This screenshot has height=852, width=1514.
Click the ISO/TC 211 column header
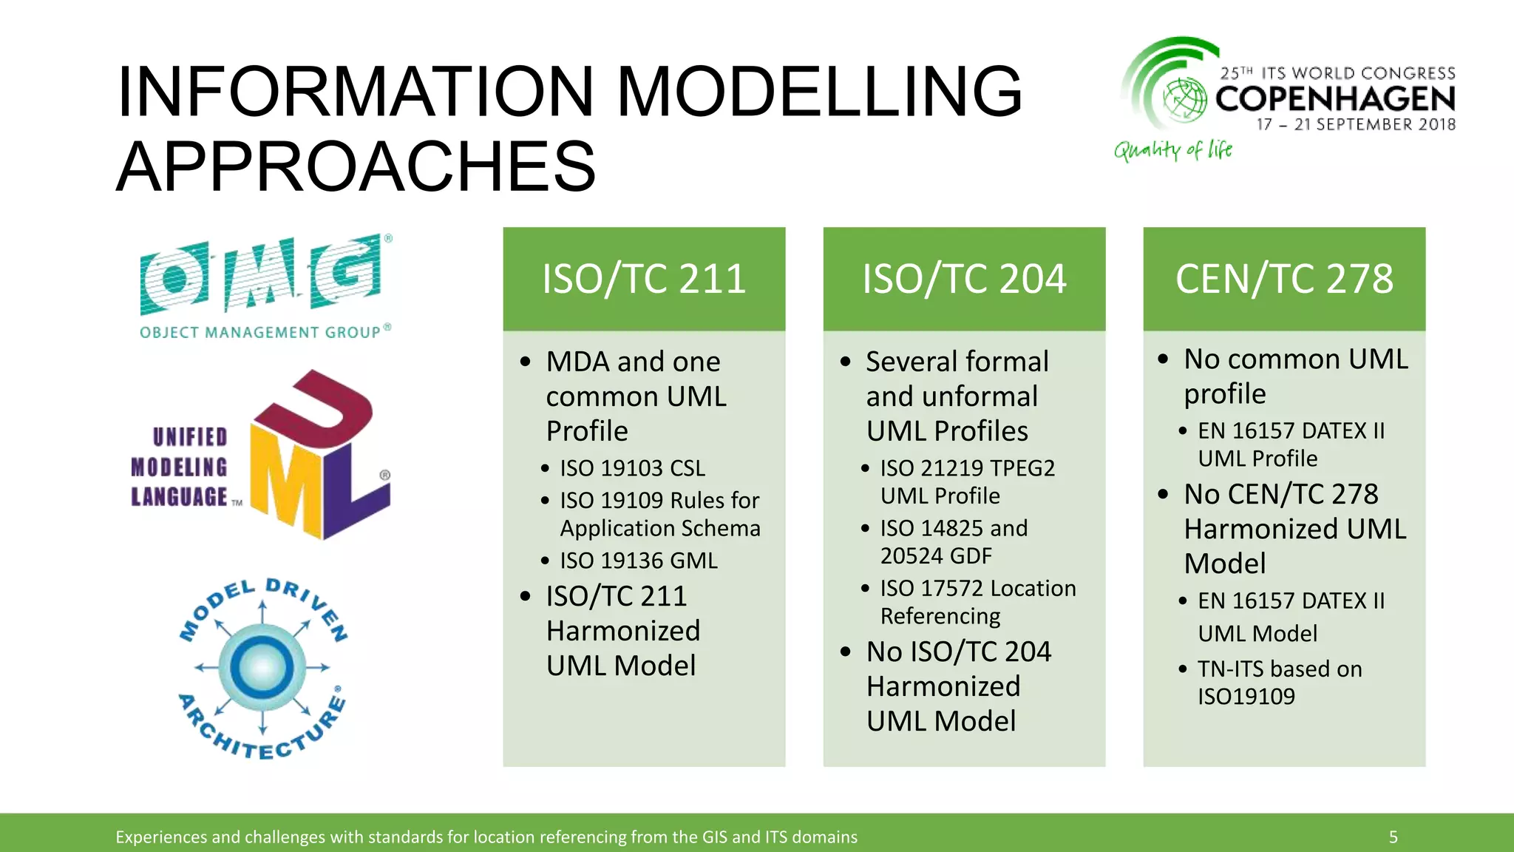pos(644,279)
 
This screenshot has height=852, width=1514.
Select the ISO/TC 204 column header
pos(964,279)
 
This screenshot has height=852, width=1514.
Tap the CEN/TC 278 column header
pos(1284,279)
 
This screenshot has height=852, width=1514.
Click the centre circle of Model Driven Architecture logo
pos(262,667)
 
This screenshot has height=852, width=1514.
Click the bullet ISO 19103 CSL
pos(632,468)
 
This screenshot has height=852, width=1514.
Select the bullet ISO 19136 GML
pos(639,561)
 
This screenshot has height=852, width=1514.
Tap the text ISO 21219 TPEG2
pos(967,468)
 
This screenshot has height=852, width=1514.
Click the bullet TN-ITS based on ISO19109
pos(1279,682)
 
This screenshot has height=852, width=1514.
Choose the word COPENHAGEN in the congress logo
pos(1335,99)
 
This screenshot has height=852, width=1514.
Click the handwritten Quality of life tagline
pos(1173,150)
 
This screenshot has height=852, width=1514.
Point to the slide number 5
pos(1393,836)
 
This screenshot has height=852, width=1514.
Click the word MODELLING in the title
pos(819,92)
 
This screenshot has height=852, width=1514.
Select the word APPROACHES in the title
pos(356,166)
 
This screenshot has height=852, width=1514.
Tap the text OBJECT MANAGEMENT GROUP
pos(260,333)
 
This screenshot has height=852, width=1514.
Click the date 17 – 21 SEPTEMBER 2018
pos(1356,124)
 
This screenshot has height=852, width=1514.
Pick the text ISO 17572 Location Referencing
pos(977,602)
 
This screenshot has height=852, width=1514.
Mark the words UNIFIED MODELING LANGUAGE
pos(180,467)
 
